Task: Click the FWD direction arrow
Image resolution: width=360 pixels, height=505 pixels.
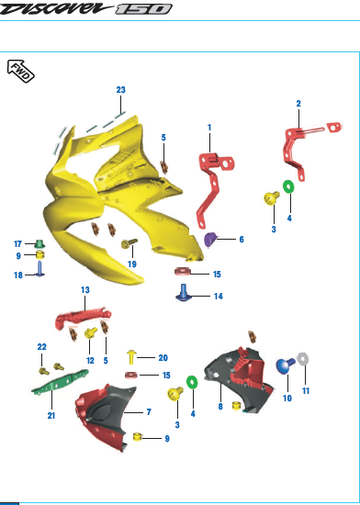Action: [21, 71]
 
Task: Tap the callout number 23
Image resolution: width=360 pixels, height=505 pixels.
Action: [120, 90]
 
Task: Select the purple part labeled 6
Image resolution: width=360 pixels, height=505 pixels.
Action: [210, 240]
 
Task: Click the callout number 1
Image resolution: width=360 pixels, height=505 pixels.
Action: [209, 128]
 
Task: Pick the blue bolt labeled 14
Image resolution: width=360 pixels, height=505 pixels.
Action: [184, 293]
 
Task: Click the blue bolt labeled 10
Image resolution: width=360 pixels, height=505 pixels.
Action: [286, 365]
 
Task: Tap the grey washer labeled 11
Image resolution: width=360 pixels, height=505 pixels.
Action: [303, 359]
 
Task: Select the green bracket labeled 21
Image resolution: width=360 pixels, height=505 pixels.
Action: [61, 382]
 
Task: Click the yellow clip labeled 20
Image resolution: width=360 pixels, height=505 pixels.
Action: [132, 357]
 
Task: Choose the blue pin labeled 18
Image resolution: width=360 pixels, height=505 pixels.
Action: [39, 269]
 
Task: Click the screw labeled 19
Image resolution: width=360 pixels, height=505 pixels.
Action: [129, 244]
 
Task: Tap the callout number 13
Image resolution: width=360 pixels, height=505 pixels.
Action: [85, 290]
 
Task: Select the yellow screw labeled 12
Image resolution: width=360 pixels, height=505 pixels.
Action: [91, 332]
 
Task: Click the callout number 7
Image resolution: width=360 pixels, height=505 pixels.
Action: [149, 412]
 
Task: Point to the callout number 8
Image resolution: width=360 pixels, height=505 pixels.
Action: [220, 407]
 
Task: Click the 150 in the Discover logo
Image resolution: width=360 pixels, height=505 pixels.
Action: [143, 9]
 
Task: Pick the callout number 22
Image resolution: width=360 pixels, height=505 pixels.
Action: [42, 347]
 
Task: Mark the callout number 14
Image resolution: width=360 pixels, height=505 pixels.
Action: [218, 296]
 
